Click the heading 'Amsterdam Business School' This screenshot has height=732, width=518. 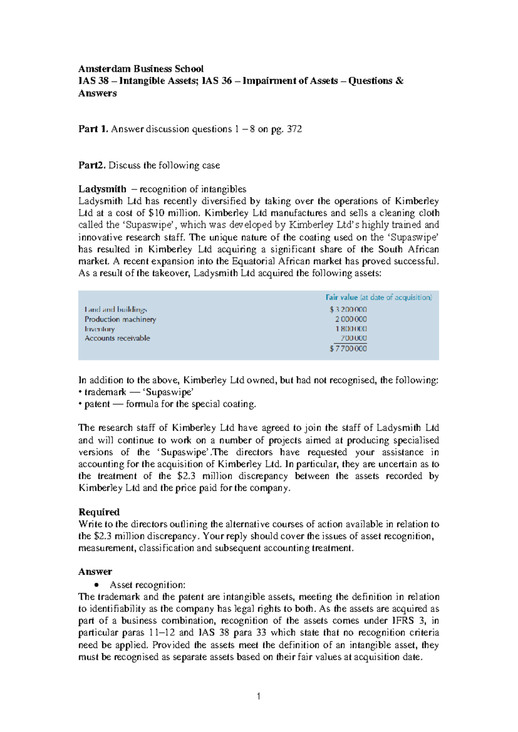point(141,69)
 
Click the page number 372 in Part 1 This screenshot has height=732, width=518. point(294,129)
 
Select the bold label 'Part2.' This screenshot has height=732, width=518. point(92,165)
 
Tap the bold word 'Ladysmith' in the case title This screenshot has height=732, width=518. point(102,189)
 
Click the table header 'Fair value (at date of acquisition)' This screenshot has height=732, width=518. point(379,297)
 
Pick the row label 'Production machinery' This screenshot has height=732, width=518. point(120,319)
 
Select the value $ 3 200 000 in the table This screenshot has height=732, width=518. point(348,309)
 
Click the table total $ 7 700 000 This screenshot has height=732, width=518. point(348,349)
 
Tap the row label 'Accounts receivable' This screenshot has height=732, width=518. point(117,338)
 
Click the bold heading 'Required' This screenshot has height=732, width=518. point(99,512)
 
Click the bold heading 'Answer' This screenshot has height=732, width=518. point(95,572)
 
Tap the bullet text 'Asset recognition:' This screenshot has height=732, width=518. point(147,585)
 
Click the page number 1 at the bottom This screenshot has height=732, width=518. point(259,696)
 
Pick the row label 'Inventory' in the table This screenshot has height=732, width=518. point(100,329)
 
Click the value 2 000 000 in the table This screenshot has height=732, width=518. point(351,319)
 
